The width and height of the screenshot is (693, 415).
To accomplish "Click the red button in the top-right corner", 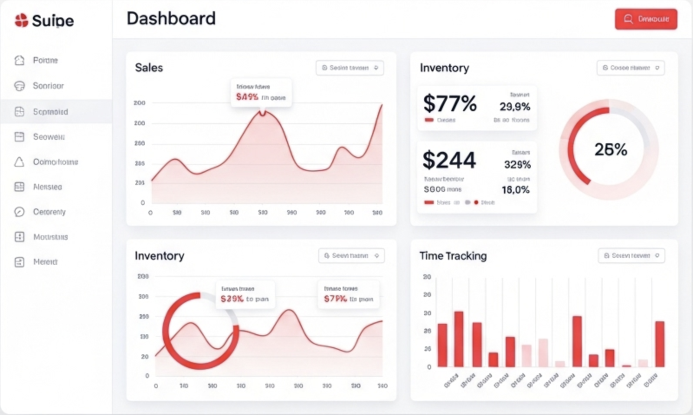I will pos(646,19).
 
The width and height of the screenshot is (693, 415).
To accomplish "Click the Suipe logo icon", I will pos(21,20).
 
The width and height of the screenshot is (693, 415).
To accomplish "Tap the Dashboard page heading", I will pos(171,19).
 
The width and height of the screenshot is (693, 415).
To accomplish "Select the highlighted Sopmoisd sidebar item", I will pos(50,112).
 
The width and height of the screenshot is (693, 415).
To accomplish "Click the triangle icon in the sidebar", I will pos(19,162).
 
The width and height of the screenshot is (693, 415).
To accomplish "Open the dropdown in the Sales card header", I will pos(350,68).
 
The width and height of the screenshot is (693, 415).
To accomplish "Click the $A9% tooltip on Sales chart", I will pos(261,92).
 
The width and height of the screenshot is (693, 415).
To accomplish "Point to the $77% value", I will pos(450,104).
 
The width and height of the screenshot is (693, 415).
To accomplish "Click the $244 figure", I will pos(449,160).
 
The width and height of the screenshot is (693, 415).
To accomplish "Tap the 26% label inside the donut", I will pos(610,150).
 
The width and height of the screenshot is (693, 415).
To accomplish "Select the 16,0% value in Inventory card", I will pos(515,190).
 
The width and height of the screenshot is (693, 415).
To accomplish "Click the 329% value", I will pos(517,165).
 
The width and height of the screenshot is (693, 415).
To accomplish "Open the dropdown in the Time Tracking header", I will pos(631,256).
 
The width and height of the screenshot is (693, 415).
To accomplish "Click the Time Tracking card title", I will pos(453,256).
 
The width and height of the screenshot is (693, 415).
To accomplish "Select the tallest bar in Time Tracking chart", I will pos(458,339).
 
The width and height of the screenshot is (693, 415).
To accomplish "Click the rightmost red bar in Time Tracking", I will pos(659,344).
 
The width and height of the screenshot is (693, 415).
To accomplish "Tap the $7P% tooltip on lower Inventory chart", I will pos(348,294).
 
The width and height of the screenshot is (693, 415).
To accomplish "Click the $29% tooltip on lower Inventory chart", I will pos(245,294).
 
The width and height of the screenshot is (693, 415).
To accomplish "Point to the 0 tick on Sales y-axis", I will pos(143,203).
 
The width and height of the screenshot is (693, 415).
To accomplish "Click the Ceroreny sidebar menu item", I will pos(49,212).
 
